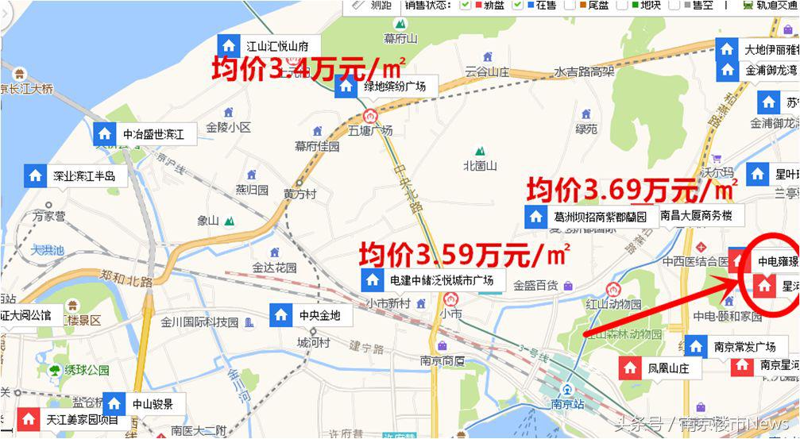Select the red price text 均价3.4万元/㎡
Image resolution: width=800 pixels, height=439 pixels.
point(309,67)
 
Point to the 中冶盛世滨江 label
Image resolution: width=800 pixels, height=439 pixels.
point(153,135)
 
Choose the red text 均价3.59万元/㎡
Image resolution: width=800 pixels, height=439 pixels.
point(464,256)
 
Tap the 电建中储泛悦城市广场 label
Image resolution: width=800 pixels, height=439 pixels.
point(442,280)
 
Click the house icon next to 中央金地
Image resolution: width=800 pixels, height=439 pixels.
point(280,315)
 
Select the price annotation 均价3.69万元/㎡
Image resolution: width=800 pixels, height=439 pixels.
point(632,190)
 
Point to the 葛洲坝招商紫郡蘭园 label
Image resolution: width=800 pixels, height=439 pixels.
point(600,216)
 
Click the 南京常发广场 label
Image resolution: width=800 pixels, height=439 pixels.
point(744,347)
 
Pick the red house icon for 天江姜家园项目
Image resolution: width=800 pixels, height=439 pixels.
point(29,418)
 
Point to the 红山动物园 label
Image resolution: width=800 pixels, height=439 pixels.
point(613,304)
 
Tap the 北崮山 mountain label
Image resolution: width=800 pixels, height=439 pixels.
point(480,166)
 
